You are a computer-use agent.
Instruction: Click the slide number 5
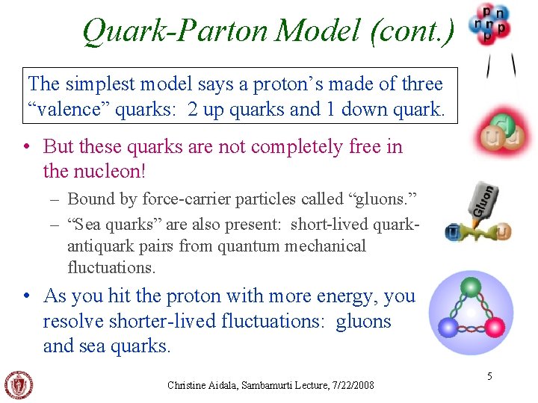pos(489,376)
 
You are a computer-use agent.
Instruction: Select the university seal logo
pos(19,385)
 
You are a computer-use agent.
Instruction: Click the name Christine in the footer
pos(187,385)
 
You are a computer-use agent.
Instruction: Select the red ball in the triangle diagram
pos(495,327)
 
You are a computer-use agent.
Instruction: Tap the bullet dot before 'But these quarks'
pos(28,146)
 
